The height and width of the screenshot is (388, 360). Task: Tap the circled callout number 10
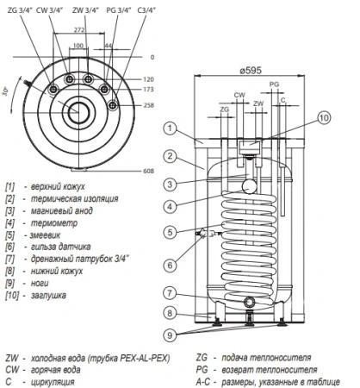pos(323,118)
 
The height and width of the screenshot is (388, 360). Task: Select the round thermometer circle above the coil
pos(249,185)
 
